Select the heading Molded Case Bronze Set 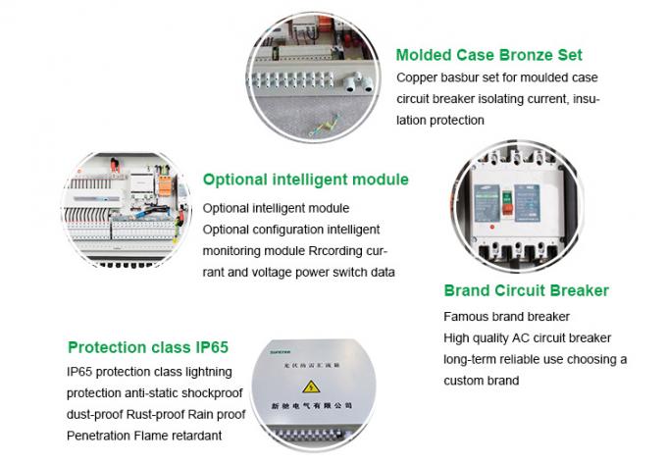pos(488,55)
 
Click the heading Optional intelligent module pos(305,180)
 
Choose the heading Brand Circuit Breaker pos(526,290)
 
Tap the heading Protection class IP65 pos(147,347)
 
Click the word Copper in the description pos(418,77)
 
